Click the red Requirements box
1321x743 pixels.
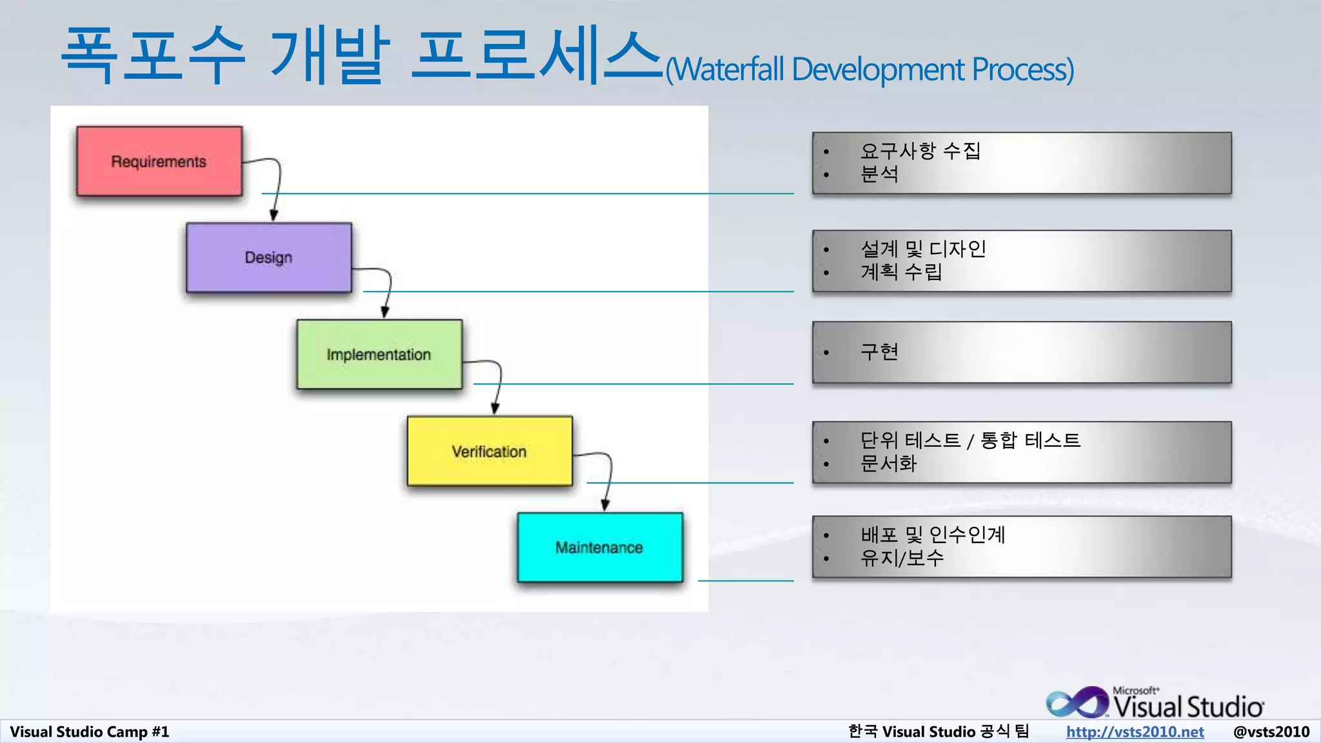[x=159, y=161]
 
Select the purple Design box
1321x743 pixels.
[x=268, y=257]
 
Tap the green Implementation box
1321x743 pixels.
[x=379, y=354]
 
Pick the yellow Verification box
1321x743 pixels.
[x=489, y=451]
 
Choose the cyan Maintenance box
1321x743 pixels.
[x=599, y=547]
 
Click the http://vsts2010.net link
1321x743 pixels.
[x=1135, y=731]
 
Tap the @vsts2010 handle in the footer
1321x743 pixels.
[x=1271, y=731]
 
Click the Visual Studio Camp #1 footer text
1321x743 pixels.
[x=89, y=731]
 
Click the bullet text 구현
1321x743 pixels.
[x=879, y=352]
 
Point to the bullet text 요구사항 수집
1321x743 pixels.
[x=920, y=151]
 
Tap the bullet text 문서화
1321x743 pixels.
[x=888, y=463]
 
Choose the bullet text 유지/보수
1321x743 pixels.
[x=902, y=557]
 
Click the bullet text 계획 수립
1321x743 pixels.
[x=901, y=272]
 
